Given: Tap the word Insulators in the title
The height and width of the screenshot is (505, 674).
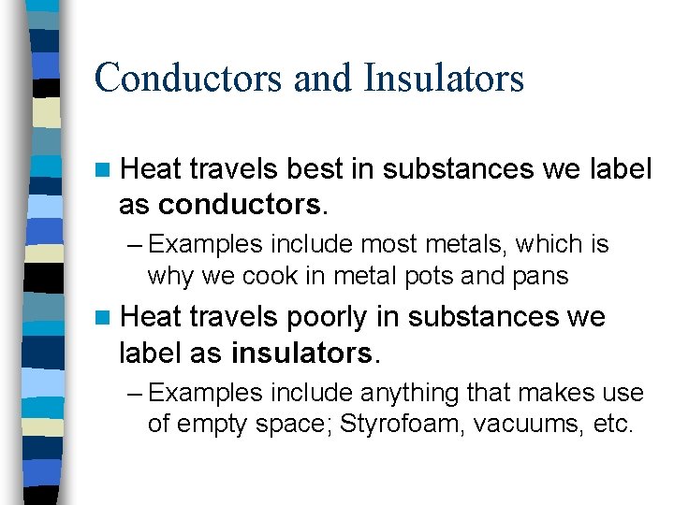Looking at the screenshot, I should pyautogui.click(x=445, y=78).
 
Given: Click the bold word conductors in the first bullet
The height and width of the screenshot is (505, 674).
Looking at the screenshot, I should pyautogui.click(x=239, y=202).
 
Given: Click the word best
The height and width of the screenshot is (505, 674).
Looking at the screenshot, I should pyautogui.click(x=315, y=169).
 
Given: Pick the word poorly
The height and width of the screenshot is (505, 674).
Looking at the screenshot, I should pyautogui.click(x=327, y=317).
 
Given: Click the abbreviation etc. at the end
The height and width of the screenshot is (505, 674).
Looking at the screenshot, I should pyautogui.click(x=614, y=424).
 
